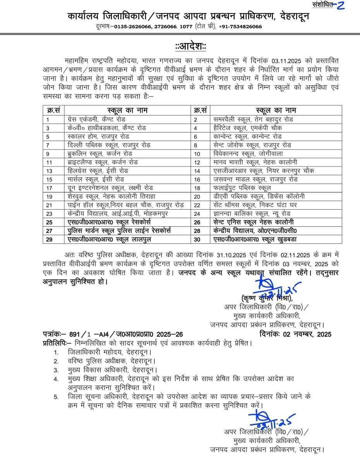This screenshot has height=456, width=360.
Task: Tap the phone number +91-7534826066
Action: click(240, 26)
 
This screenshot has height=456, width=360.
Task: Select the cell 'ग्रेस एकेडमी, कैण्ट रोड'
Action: click(96, 119)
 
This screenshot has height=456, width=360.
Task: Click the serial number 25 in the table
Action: click(49, 222)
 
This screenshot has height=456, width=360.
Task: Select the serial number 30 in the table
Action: click(197, 239)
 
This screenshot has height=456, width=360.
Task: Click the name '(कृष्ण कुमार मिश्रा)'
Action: click(267, 298)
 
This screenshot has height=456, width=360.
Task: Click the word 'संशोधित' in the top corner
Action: click(322, 5)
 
